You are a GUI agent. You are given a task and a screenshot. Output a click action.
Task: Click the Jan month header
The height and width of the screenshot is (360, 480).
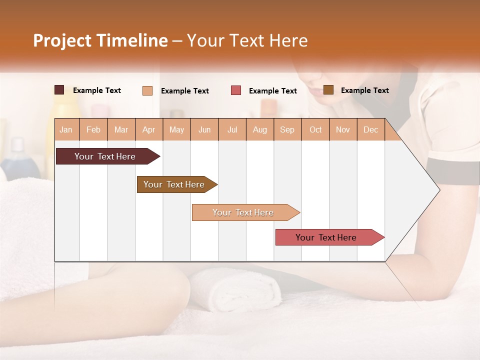pos(66,130)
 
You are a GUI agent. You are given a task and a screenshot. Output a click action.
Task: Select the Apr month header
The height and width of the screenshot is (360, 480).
pos(149,130)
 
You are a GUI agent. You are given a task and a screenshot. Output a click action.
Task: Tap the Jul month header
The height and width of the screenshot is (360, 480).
pos(232,130)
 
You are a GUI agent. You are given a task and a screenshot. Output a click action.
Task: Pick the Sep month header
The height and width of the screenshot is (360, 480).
pos(287,130)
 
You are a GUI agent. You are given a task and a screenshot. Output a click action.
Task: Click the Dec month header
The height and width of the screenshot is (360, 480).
pos(370,130)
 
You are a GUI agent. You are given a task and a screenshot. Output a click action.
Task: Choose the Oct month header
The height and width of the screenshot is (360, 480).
pos(315,130)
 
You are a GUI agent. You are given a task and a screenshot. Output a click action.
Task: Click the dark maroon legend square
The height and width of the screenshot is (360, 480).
pos(59,90)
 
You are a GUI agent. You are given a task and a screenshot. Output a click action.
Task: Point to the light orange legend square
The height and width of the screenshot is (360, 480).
pos(147,90)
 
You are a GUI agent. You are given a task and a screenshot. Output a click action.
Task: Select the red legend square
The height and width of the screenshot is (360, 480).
pos(235,90)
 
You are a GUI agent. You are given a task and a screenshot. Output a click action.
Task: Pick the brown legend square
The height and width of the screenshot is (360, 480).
pos(328,90)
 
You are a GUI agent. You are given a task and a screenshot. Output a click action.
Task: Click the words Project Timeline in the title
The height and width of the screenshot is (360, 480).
pos(100,40)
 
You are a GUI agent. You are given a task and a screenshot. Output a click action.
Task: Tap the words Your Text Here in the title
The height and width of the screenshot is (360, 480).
pos(247,40)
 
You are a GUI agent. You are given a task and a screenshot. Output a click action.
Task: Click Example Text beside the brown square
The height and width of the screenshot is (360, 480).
pos(364,90)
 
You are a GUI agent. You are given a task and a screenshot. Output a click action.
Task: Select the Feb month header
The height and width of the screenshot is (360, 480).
pos(93,130)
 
